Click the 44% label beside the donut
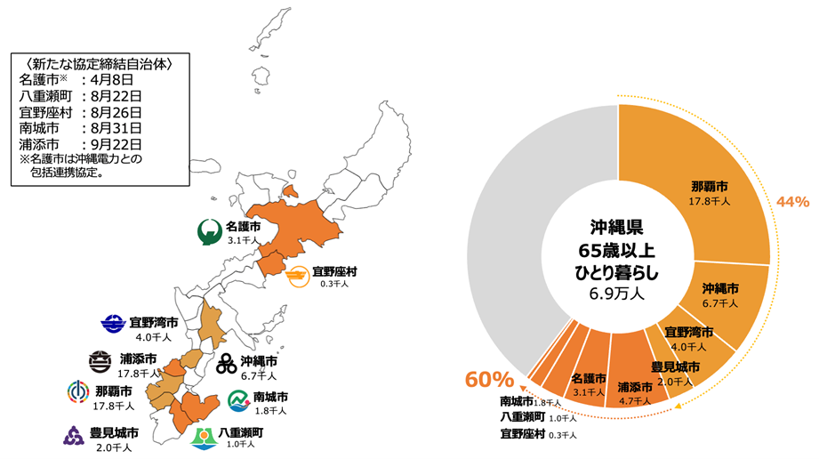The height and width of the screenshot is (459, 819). [x=791, y=202]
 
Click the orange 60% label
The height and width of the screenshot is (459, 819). [x=484, y=380]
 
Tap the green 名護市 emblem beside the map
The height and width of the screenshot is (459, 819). [x=209, y=233]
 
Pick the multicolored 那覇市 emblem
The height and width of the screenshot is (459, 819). [x=79, y=392]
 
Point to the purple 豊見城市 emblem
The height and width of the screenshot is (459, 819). [x=72, y=435]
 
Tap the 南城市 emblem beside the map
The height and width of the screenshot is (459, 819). [x=237, y=402]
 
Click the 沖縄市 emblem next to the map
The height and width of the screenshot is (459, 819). [x=227, y=365]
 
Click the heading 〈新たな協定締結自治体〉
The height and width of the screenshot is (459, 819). [x=99, y=63]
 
